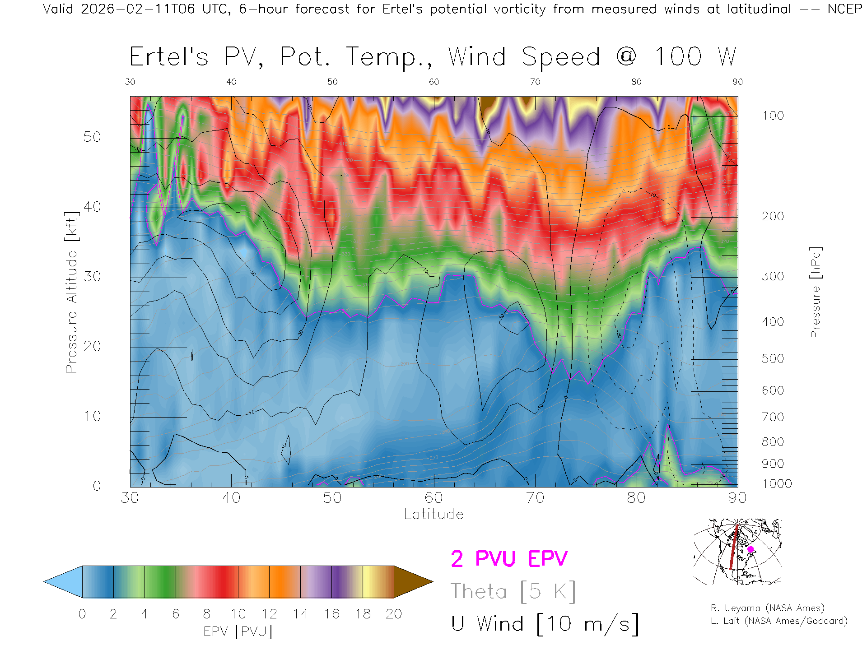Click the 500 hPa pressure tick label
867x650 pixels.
pyautogui.click(x=773, y=358)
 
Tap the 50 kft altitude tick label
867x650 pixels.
pyautogui.click(x=92, y=137)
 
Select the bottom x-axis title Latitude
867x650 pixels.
pyautogui.click(x=433, y=514)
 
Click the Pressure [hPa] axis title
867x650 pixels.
pyautogui.click(x=815, y=292)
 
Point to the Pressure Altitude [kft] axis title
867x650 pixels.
pyautogui.click(x=71, y=292)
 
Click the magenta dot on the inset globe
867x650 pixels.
pyautogui.click(x=750, y=549)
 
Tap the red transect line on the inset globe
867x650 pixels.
pyautogui.click(x=734, y=546)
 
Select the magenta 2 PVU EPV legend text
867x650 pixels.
pyautogui.click(x=509, y=559)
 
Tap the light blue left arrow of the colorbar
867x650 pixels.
pyautogui.click(x=64, y=582)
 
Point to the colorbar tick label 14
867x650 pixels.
pyautogui.click(x=300, y=614)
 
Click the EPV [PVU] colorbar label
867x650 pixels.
pyautogui.click(x=238, y=631)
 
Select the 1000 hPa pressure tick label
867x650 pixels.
pyautogui.click(x=777, y=484)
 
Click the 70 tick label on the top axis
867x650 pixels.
pyautogui.click(x=535, y=82)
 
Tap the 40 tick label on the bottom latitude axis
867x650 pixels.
pyautogui.click(x=231, y=498)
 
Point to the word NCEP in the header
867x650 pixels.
pyautogui.click(x=844, y=9)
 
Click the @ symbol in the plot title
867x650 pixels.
pyautogui.click(x=626, y=57)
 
